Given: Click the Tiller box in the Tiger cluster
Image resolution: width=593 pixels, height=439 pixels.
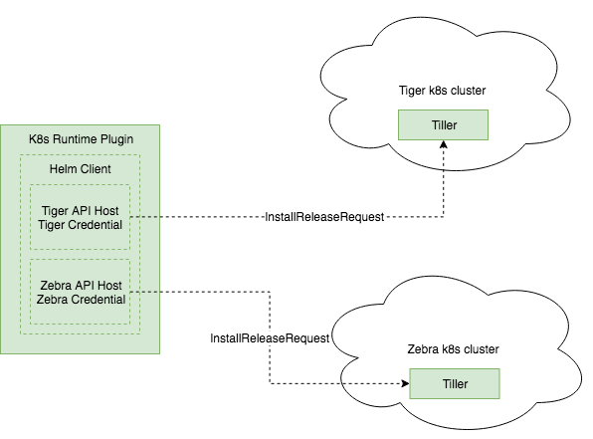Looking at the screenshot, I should click(443, 124).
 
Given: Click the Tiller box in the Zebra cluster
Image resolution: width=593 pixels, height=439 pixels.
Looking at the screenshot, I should click(454, 384).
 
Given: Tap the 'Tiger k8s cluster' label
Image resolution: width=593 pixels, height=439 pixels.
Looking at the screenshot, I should click(442, 92).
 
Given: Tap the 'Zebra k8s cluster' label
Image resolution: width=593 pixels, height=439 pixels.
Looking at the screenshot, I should click(454, 349).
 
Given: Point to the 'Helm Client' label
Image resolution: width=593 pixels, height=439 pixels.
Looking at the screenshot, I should click(80, 168).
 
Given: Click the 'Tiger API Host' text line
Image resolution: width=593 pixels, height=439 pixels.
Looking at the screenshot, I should click(80, 210).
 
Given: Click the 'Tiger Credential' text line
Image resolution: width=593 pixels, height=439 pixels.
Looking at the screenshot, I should click(80, 225).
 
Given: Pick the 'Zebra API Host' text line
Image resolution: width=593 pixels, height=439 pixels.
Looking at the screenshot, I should click(80, 284).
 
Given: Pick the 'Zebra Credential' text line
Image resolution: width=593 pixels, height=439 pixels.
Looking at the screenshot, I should click(80, 299).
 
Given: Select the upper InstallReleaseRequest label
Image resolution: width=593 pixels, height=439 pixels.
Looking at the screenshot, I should click(323, 217).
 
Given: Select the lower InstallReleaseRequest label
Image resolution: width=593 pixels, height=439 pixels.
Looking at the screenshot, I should click(270, 338).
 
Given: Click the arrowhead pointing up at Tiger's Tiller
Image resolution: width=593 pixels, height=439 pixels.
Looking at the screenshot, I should click(444, 145).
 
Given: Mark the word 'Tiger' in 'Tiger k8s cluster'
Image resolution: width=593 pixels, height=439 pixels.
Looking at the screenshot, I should click(411, 92).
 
